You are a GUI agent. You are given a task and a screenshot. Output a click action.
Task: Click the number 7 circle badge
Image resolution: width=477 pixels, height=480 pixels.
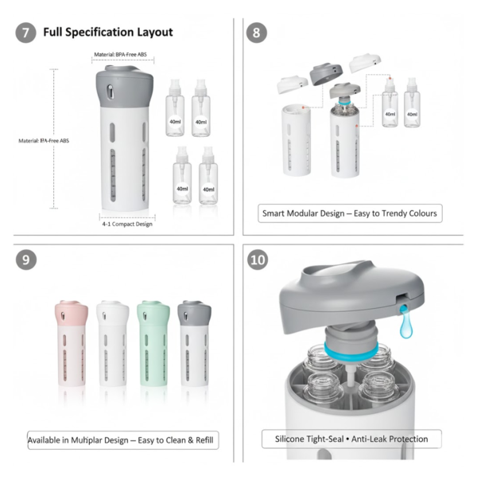tap(26, 33)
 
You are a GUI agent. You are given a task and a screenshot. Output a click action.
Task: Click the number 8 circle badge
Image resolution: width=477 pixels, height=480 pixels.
tap(258, 33)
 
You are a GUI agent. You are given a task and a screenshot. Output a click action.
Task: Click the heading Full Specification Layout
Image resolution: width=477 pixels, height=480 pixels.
tap(108, 33)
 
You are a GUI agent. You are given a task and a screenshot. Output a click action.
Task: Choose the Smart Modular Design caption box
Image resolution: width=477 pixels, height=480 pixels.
tap(351, 213)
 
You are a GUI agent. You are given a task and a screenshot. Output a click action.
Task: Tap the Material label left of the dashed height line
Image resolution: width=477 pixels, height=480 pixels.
tap(45, 141)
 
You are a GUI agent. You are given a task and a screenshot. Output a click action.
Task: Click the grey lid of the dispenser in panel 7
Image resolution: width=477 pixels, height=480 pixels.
tap(126, 84)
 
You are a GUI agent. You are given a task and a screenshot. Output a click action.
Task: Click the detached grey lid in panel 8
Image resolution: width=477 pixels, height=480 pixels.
tap(326, 75)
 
